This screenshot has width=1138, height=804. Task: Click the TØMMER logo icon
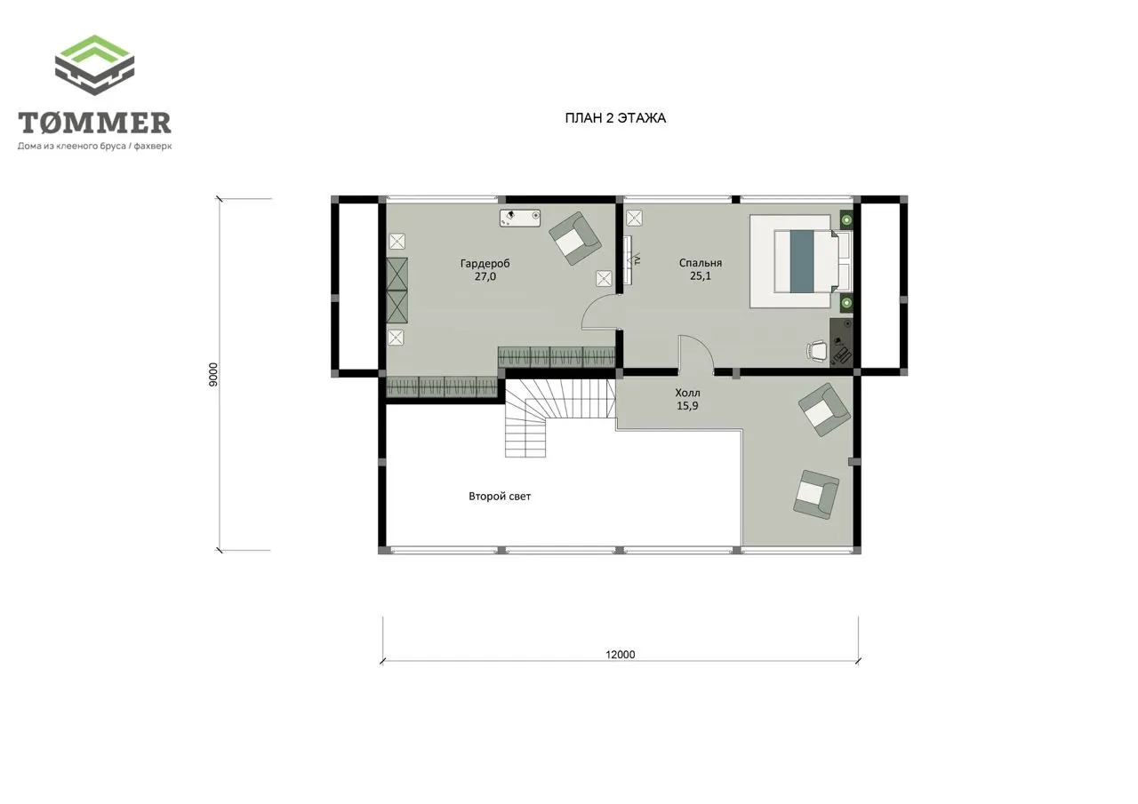click(94, 65)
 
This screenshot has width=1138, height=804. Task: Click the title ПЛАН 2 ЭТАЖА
click(615, 118)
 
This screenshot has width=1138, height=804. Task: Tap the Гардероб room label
click(485, 264)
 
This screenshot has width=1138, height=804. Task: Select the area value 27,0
click(485, 276)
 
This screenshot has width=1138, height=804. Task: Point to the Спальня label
click(700, 263)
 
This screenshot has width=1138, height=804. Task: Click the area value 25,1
click(700, 276)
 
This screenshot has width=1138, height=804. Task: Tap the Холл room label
click(687, 393)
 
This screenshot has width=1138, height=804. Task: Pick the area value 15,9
click(687, 405)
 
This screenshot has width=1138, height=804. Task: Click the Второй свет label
click(500, 497)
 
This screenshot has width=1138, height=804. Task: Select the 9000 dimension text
click(213, 375)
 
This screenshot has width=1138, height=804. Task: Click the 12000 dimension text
click(621, 655)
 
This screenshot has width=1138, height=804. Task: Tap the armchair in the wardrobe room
click(575, 239)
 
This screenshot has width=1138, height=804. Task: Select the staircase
click(560, 418)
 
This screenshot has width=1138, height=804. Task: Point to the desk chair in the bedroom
click(816, 351)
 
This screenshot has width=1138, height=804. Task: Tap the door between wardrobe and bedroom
click(601, 312)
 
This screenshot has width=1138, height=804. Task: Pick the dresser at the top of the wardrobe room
click(520, 218)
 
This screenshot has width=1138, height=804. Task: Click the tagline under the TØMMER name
click(95, 147)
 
